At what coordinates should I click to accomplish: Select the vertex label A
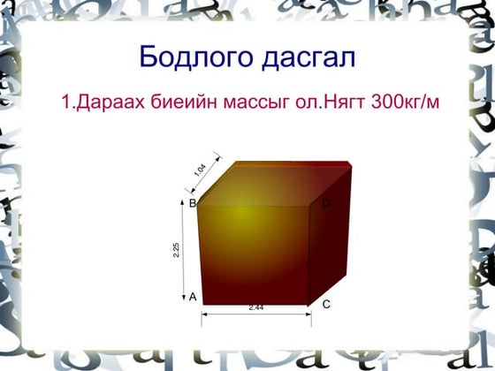tap(193, 297)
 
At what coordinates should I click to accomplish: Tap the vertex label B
tap(192, 203)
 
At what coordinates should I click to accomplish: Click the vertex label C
tap(326, 305)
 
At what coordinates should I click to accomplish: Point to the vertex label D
tap(326, 204)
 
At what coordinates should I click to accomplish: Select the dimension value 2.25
tap(177, 250)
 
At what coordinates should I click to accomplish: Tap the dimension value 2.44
tap(255, 307)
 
